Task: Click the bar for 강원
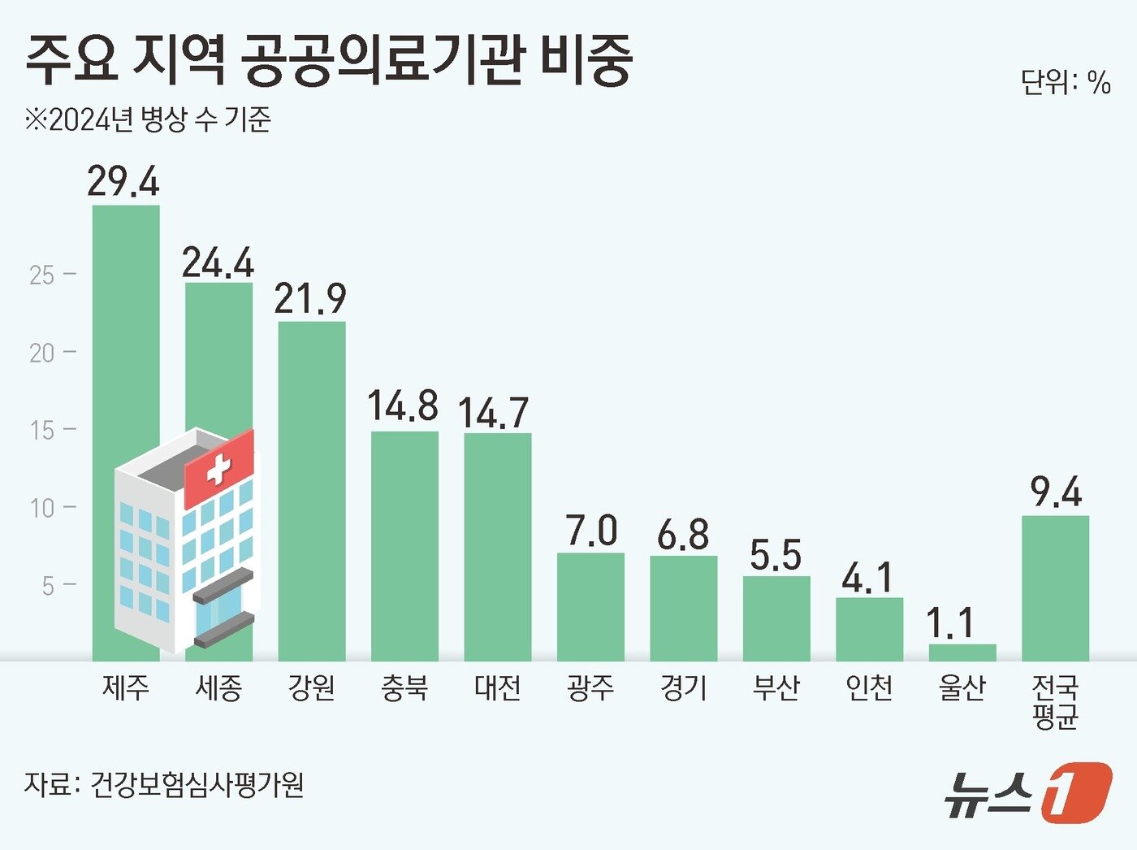312,491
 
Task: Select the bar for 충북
404,545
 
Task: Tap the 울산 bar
962,653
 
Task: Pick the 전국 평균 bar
1055,588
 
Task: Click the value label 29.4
123,180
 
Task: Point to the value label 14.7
494,412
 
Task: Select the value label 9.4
1056,492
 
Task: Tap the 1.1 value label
950,623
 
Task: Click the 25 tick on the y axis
42,275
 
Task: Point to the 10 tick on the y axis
42,508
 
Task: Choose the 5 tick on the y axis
49,585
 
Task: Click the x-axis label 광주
590,688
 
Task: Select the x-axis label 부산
776,688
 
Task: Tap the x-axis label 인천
869,688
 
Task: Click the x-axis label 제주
126,688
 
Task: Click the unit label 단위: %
1066,82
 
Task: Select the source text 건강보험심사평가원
197,785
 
